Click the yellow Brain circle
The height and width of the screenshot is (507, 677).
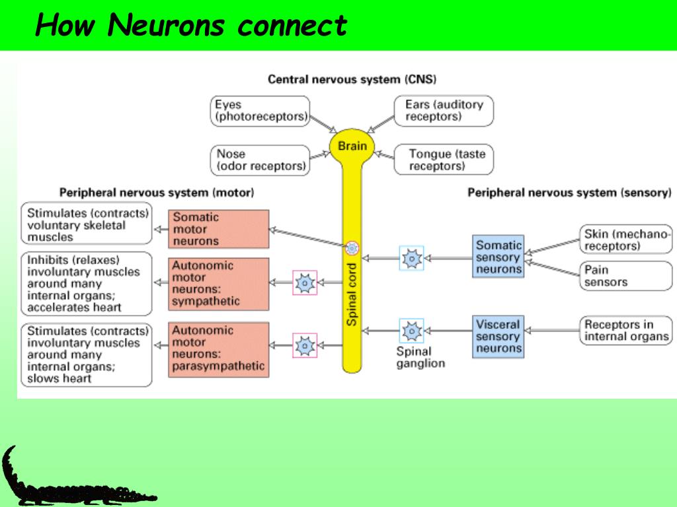tap(352, 146)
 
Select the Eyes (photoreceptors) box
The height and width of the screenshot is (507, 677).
tap(260, 111)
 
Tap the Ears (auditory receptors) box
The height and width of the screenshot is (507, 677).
tap(444, 111)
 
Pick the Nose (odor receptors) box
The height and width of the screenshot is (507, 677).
tap(260, 160)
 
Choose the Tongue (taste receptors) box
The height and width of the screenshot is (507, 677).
tap(444, 160)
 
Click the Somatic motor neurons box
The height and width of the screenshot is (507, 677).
tap(218, 229)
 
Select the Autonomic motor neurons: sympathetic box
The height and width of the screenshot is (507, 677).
tap(218, 284)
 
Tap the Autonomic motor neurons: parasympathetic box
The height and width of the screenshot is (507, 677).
tap(218, 350)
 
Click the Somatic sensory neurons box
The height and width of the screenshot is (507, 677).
tap(498, 257)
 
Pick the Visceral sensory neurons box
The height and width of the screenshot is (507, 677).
tap(498, 337)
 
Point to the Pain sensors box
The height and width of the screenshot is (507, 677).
tap(625, 276)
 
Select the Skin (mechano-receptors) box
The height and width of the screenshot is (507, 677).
tap(625, 239)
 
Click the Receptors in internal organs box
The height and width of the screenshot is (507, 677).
tap(625, 330)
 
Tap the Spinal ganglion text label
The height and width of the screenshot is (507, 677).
tap(420, 357)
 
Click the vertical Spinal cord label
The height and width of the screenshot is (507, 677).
tap(352, 294)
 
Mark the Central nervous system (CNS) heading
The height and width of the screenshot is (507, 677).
tap(352, 79)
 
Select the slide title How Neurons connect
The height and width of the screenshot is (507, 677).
tap(191, 25)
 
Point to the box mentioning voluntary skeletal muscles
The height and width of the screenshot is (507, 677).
tap(87, 223)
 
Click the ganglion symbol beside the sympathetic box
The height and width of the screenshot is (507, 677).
tap(305, 283)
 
